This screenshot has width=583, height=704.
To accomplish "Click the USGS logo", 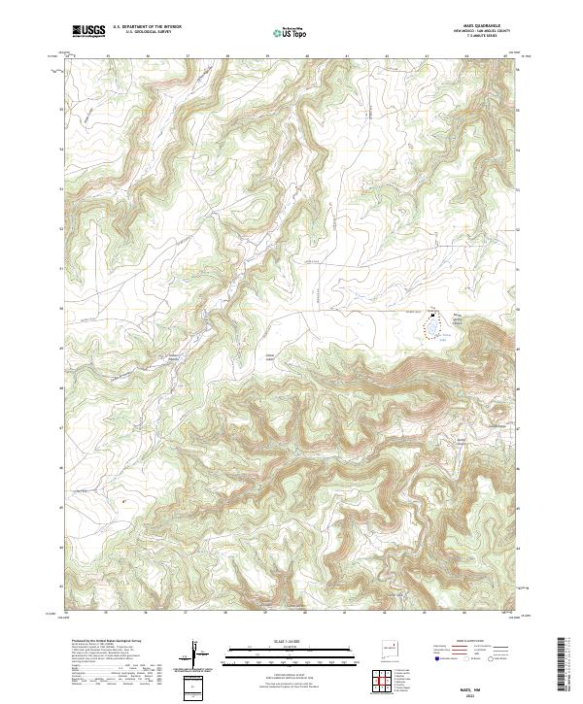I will (x=88, y=31).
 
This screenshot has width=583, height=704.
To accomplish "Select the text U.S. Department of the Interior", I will (x=148, y=27).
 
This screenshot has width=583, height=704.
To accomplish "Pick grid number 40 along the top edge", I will (x=307, y=56).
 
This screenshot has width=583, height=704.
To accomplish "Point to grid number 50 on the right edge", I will (x=519, y=308).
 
